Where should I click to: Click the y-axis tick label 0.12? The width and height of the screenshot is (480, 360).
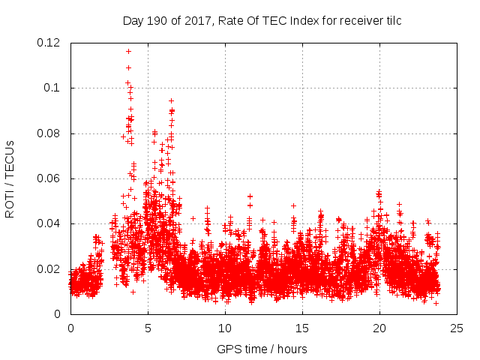pos(49,43)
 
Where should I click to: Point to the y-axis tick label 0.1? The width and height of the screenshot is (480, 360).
pos(52,88)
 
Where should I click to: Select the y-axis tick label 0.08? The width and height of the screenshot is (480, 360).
pos(49,133)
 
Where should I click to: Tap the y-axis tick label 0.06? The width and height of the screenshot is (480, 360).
pos(49,178)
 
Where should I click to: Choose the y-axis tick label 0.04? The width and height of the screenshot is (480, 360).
pos(49,223)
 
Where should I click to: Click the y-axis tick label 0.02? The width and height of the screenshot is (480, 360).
pos(49,268)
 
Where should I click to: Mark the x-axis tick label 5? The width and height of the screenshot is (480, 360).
pos(148,328)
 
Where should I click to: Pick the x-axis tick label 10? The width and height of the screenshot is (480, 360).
pos(225,328)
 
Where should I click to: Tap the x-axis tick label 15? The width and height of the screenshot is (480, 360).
pos(302,328)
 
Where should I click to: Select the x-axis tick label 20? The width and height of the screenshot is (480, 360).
pos(379,328)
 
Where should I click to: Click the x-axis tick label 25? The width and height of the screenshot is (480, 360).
pos(457,328)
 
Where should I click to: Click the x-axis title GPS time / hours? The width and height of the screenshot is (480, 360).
pos(262,349)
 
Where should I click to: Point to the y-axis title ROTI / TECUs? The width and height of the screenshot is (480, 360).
pos(10,178)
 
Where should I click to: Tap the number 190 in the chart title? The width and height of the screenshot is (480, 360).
pos(156,20)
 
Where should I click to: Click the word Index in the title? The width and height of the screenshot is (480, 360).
pos(294,20)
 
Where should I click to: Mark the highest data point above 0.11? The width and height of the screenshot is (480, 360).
pos(128,51)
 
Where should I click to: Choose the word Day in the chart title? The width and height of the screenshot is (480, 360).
pos(133,20)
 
